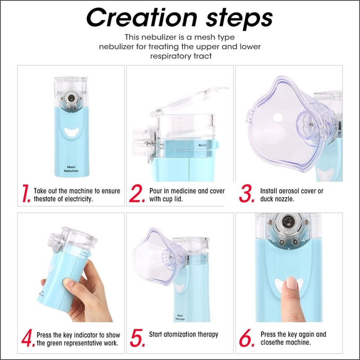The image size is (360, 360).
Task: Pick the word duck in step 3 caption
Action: (x=268, y=199)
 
